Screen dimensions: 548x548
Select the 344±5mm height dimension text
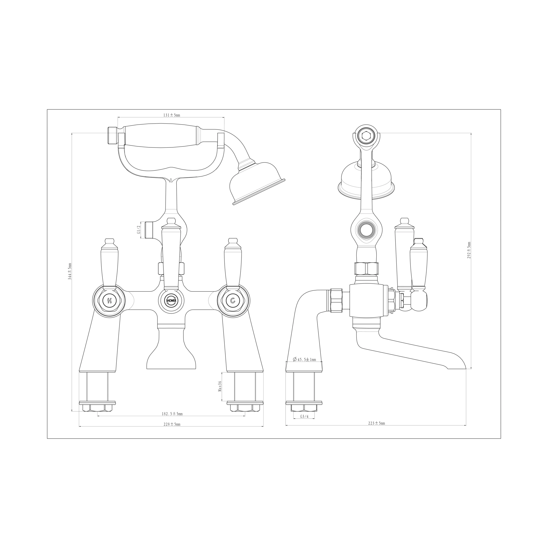[70, 271]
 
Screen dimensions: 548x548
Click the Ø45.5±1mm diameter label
[305, 360]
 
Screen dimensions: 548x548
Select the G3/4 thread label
[304, 417]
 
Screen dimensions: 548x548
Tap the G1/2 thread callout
[139, 229]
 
